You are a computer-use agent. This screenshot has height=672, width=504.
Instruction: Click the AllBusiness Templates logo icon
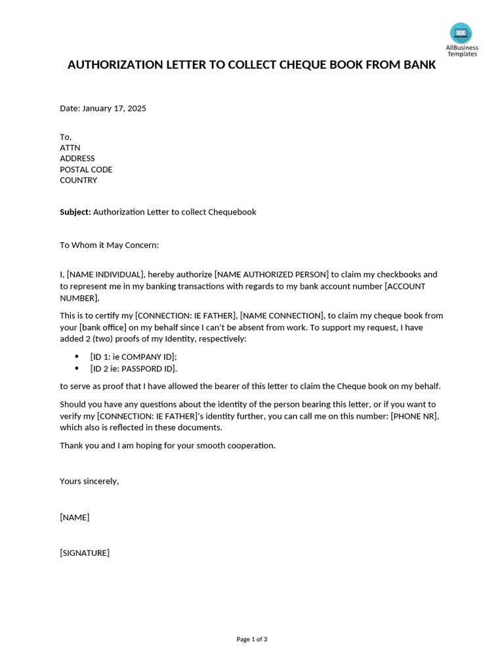coord(461,33)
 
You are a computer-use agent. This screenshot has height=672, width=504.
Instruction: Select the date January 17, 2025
coord(114,108)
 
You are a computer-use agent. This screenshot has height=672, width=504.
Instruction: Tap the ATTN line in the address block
coord(70,148)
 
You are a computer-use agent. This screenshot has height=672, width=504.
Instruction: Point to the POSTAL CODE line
coord(86,169)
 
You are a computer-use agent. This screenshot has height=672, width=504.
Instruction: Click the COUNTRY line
coord(78,180)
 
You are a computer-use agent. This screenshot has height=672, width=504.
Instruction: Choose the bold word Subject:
coord(75,212)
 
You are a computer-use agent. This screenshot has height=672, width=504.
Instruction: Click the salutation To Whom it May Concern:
coord(110,245)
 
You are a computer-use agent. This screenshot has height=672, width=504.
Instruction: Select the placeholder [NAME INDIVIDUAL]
coord(105,274)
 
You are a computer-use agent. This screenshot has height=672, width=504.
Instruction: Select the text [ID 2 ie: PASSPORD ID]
coord(134,369)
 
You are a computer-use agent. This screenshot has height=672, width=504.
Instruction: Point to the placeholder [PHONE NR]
coord(414,416)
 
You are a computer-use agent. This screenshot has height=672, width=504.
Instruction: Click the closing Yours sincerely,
coord(89,481)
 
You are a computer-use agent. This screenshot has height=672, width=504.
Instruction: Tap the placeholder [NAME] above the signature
coord(74,517)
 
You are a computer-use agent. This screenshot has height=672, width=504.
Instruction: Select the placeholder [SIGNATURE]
coord(85,553)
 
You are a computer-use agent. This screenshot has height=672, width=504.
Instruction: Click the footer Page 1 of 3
coord(251,639)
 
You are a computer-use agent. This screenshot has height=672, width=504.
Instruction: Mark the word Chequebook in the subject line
coord(232,212)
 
